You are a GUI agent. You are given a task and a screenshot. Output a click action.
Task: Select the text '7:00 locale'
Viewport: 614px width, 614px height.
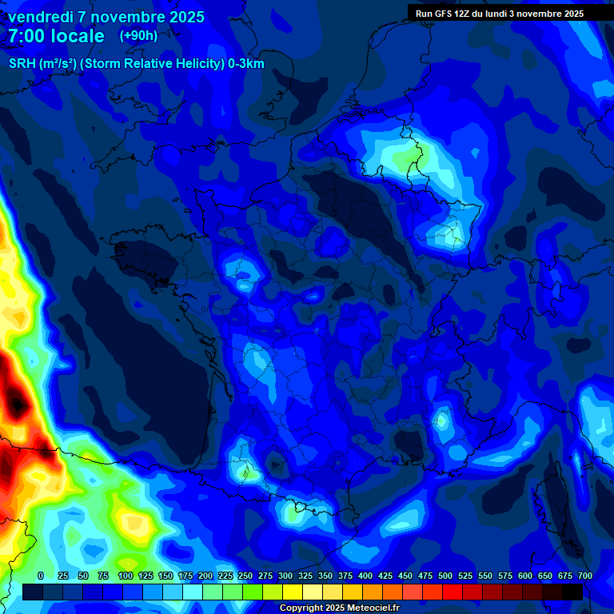[x=56, y=36]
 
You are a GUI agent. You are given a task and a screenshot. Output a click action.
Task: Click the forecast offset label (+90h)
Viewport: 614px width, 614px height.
[x=138, y=36]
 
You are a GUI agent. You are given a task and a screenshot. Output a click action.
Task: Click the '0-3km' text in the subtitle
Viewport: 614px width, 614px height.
[x=246, y=64]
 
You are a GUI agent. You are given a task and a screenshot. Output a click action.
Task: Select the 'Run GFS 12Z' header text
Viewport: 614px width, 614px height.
[x=444, y=14]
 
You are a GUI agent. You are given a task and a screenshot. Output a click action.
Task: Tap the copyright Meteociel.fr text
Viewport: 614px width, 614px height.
[x=339, y=608]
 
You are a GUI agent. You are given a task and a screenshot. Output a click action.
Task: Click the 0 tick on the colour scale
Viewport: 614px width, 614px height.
[x=41, y=576]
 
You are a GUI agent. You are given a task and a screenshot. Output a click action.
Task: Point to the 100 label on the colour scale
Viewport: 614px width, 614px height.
[x=126, y=576]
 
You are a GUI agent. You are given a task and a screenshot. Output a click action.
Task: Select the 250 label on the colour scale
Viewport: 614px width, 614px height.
[x=245, y=576]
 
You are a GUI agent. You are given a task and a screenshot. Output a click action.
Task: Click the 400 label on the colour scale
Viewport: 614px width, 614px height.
[x=365, y=576]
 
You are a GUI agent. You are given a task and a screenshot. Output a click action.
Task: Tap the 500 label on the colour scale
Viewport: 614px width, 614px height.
[x=445, y=576]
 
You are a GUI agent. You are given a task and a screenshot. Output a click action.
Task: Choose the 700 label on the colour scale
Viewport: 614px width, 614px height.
[x=584, y=576]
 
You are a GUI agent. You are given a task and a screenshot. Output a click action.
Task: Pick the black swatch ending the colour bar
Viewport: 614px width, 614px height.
[x=572, y=592]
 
